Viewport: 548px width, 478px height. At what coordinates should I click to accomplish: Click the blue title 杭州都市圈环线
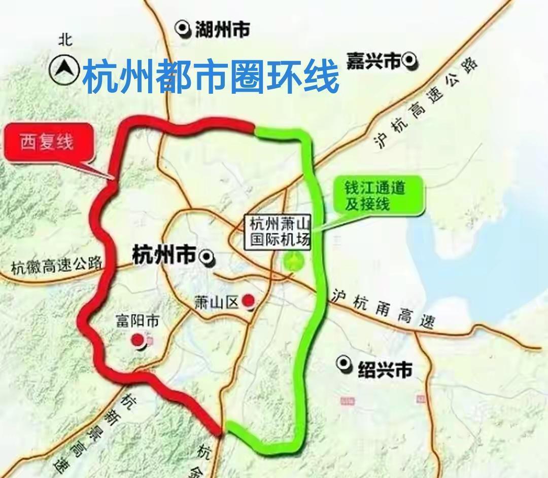click(x=210, y=76)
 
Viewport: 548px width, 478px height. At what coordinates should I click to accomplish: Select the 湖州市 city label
click(x=222, y=30)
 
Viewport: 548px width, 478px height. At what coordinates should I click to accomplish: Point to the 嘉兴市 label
click(x=373, y=61)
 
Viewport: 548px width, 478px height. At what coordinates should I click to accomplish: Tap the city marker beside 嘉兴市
click(x=409, y=61)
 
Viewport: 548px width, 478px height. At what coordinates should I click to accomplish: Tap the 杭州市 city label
click(x=163, y=255)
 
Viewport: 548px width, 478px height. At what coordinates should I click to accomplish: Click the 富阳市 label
click(x=138, y=321)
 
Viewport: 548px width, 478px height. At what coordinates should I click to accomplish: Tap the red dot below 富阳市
click(x=138, y=340)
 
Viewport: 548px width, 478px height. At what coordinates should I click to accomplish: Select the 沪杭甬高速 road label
click(x=384, y=310)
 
